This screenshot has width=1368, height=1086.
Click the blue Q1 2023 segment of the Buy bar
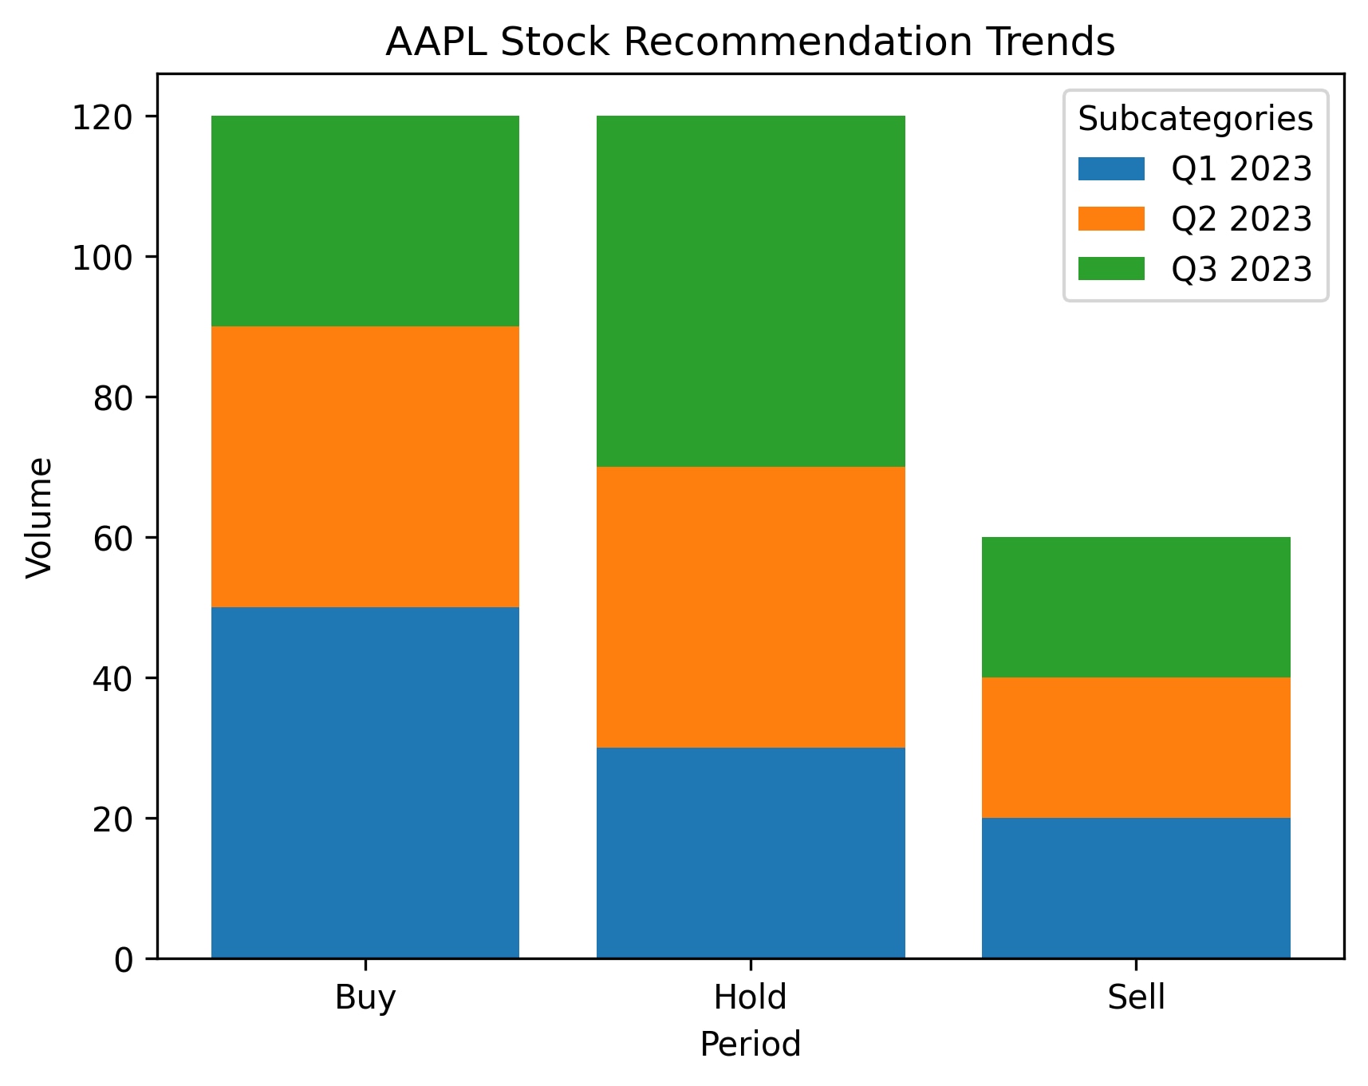365,782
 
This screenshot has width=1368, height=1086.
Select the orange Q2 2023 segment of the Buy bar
365,467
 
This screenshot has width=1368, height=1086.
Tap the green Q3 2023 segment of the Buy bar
365,221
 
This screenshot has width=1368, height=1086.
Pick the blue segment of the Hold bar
751,853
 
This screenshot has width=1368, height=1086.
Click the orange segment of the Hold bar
751,607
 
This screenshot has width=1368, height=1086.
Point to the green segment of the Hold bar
751,291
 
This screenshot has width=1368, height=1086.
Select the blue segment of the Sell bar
1136,888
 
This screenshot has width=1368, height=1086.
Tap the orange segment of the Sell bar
1136,748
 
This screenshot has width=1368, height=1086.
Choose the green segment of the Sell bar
1136,607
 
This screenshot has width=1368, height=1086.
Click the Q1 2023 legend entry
1194,169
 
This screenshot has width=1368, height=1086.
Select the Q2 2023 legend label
1241,219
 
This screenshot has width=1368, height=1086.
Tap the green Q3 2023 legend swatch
1111,269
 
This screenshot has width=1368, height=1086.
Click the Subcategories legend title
1195,119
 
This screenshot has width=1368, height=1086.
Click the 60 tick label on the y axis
112,539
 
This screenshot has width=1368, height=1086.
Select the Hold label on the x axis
751,997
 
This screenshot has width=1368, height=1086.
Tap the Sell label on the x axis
1136,997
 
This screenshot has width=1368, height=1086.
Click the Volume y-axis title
39,517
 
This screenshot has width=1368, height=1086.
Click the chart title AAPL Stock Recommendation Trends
750,41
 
